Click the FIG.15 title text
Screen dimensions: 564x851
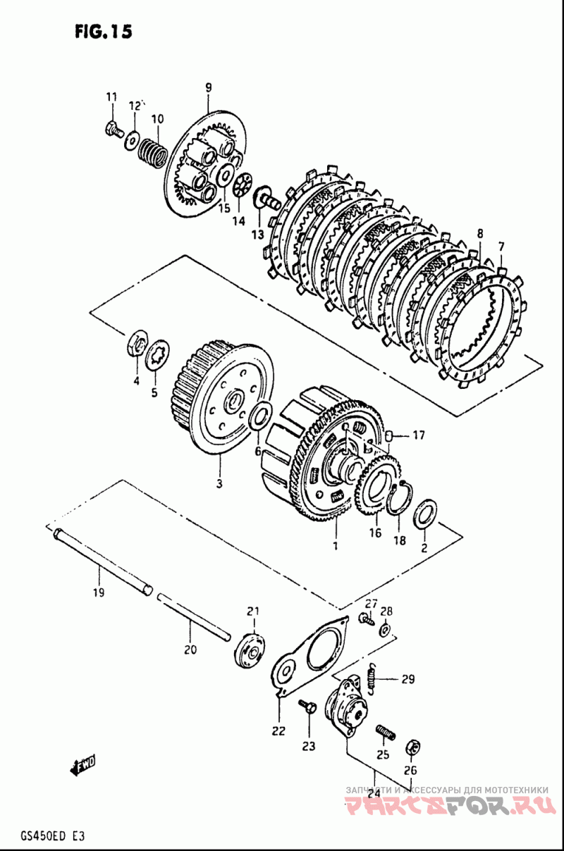[x=104, y=32]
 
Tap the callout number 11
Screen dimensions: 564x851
[x=111, y=97]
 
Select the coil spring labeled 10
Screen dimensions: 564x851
[x=152, y=153]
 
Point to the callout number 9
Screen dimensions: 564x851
[x=209, y=88]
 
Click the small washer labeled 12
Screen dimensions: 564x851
[x=132, y=140]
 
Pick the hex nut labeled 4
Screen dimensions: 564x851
[x=137, y=344]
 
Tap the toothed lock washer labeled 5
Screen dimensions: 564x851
[x=158, y=355]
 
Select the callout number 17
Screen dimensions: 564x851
[x=419, y=435]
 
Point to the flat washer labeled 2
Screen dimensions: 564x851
[x=425, y=514]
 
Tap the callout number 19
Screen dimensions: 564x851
[x=99, y=592]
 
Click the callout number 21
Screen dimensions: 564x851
[x=253, y=611]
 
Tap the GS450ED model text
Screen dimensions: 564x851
[x=41, y=837]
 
